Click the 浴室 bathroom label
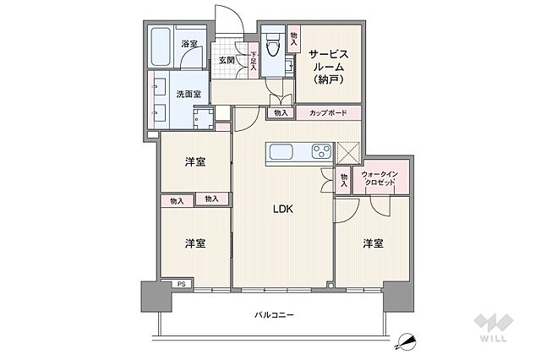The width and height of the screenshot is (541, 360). tap(189, 43)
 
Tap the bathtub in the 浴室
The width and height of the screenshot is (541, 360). tap(161, 47)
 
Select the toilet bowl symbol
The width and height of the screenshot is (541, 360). tap(272, 48)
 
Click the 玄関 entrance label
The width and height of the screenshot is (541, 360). tap(227, 61)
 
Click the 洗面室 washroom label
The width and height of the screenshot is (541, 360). tap(188, 95)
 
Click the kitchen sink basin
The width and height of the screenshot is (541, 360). tap(280, 152)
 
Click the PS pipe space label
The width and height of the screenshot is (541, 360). tap(182, 284)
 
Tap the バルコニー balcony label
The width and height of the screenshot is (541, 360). tap(274, 314)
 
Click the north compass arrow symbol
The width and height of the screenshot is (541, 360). tap(407, 341)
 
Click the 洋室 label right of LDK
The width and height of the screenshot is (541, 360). tap(373, 243)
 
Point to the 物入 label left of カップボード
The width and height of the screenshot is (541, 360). tap(281, 112)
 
